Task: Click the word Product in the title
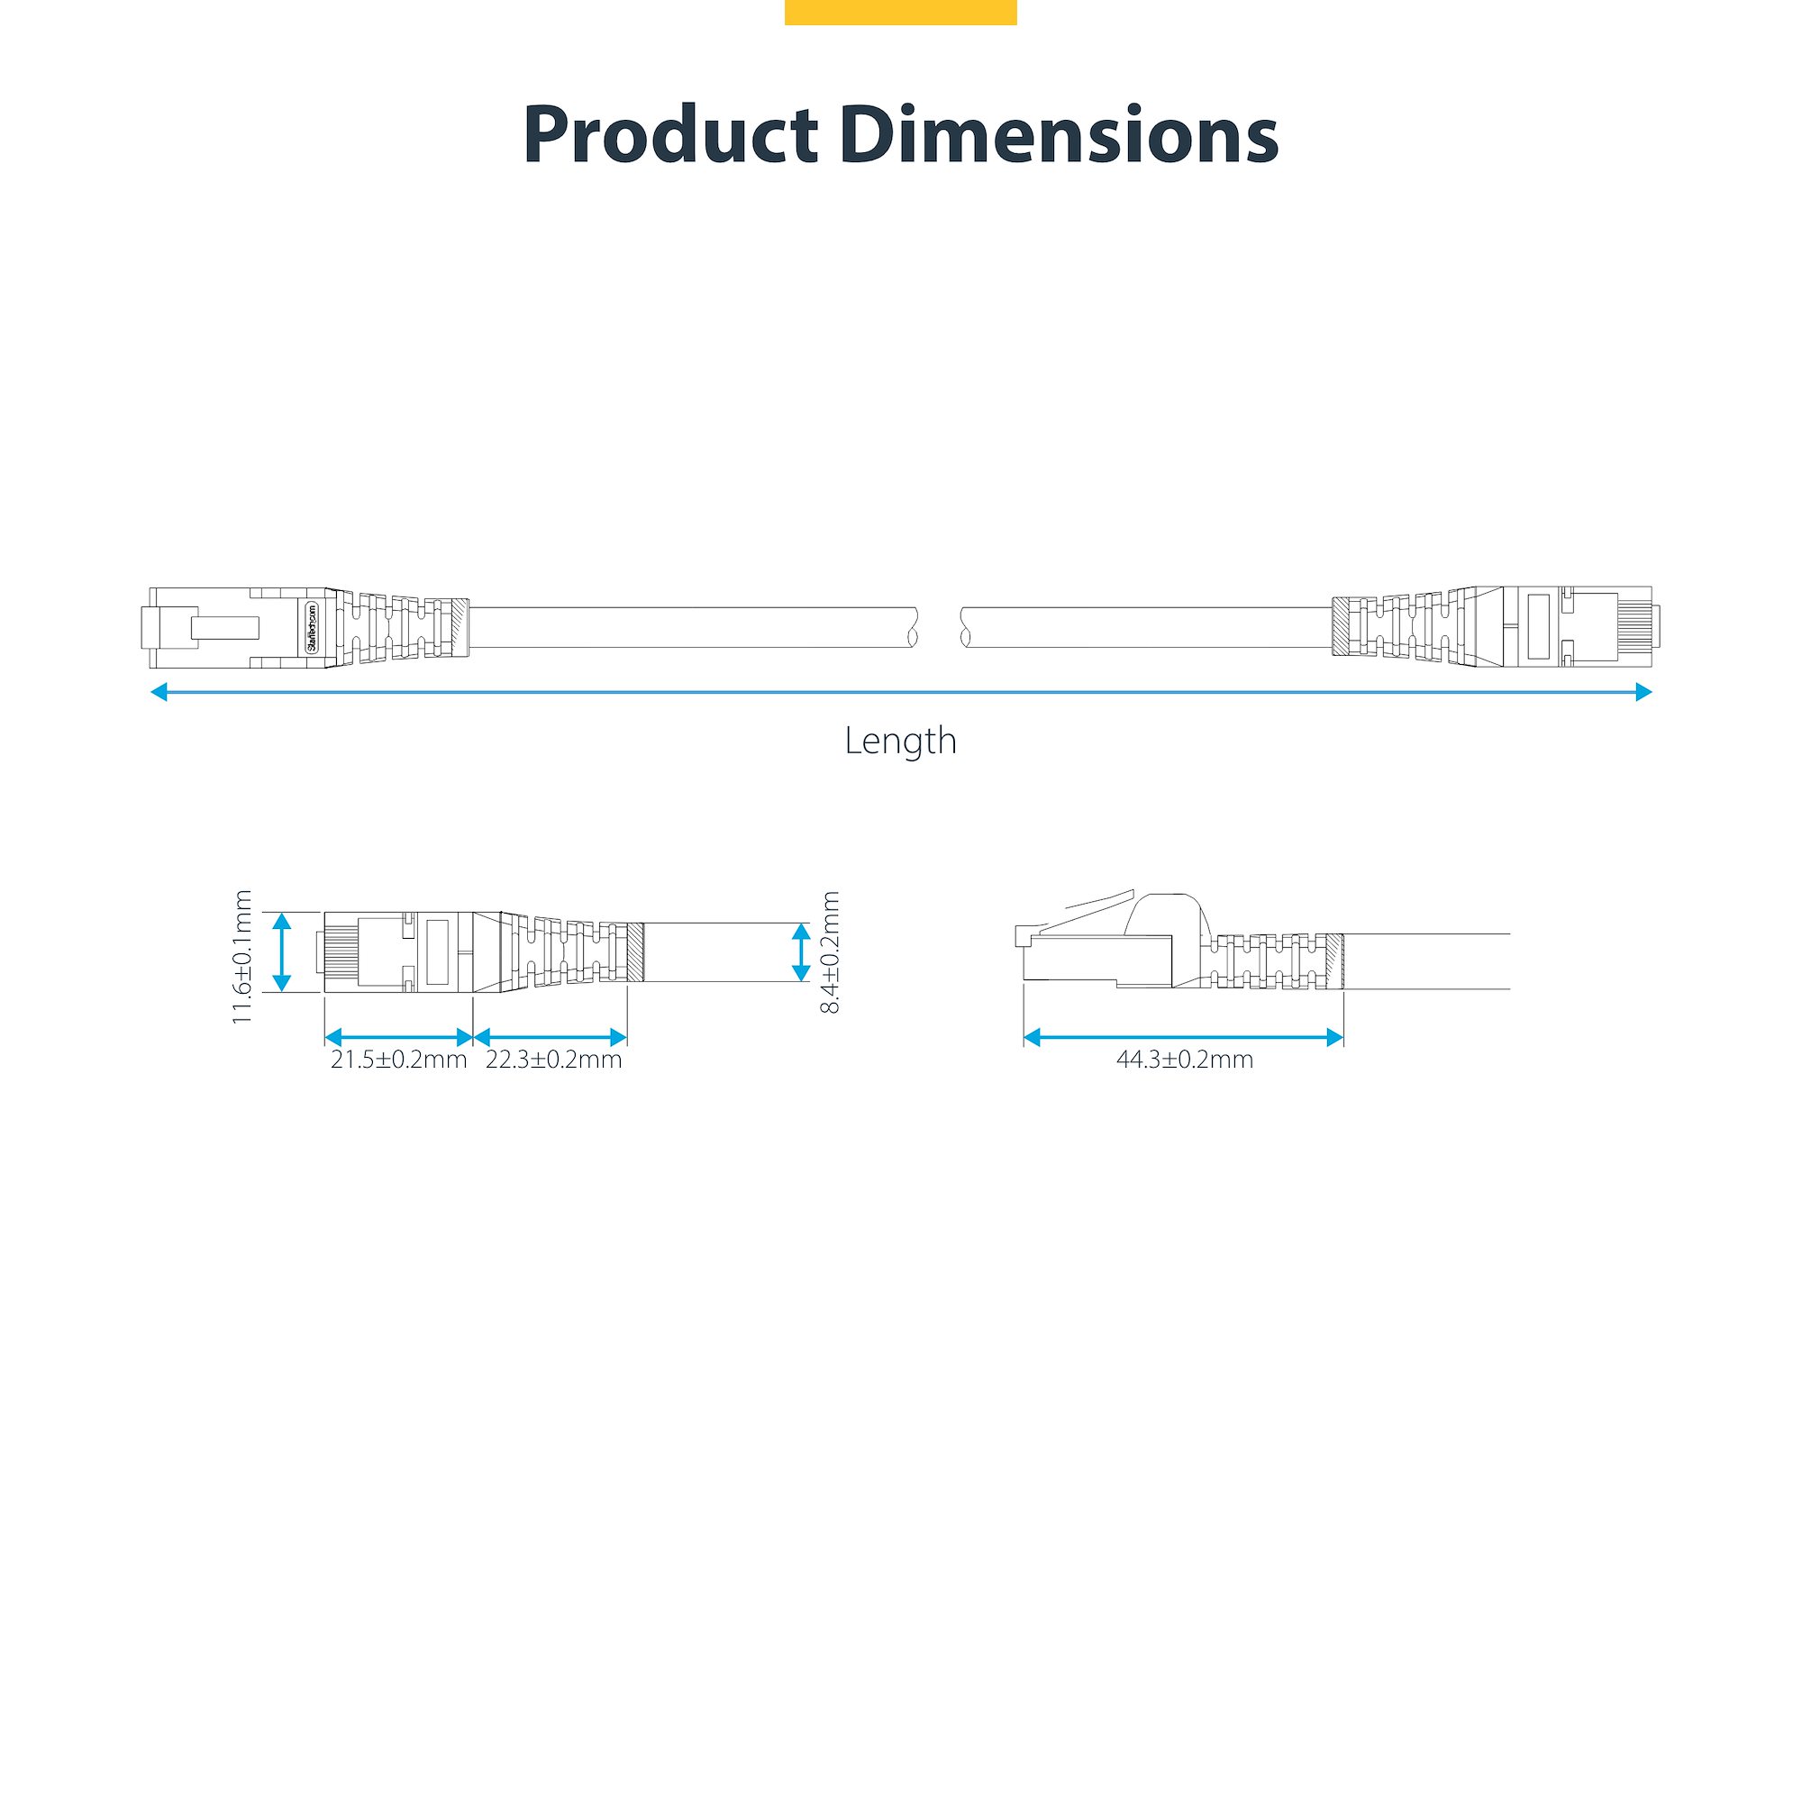(669, 136)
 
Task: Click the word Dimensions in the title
(1059, 136)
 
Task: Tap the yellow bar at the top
(900, 12)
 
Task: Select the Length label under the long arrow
(900, 742)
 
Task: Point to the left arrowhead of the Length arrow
(159, 692)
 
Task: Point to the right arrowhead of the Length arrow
(1643, 692)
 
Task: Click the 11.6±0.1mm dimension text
(242, 957)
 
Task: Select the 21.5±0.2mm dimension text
(399, 1060)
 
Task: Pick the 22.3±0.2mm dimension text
(554, 1060)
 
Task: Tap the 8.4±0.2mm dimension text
(829, 952)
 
